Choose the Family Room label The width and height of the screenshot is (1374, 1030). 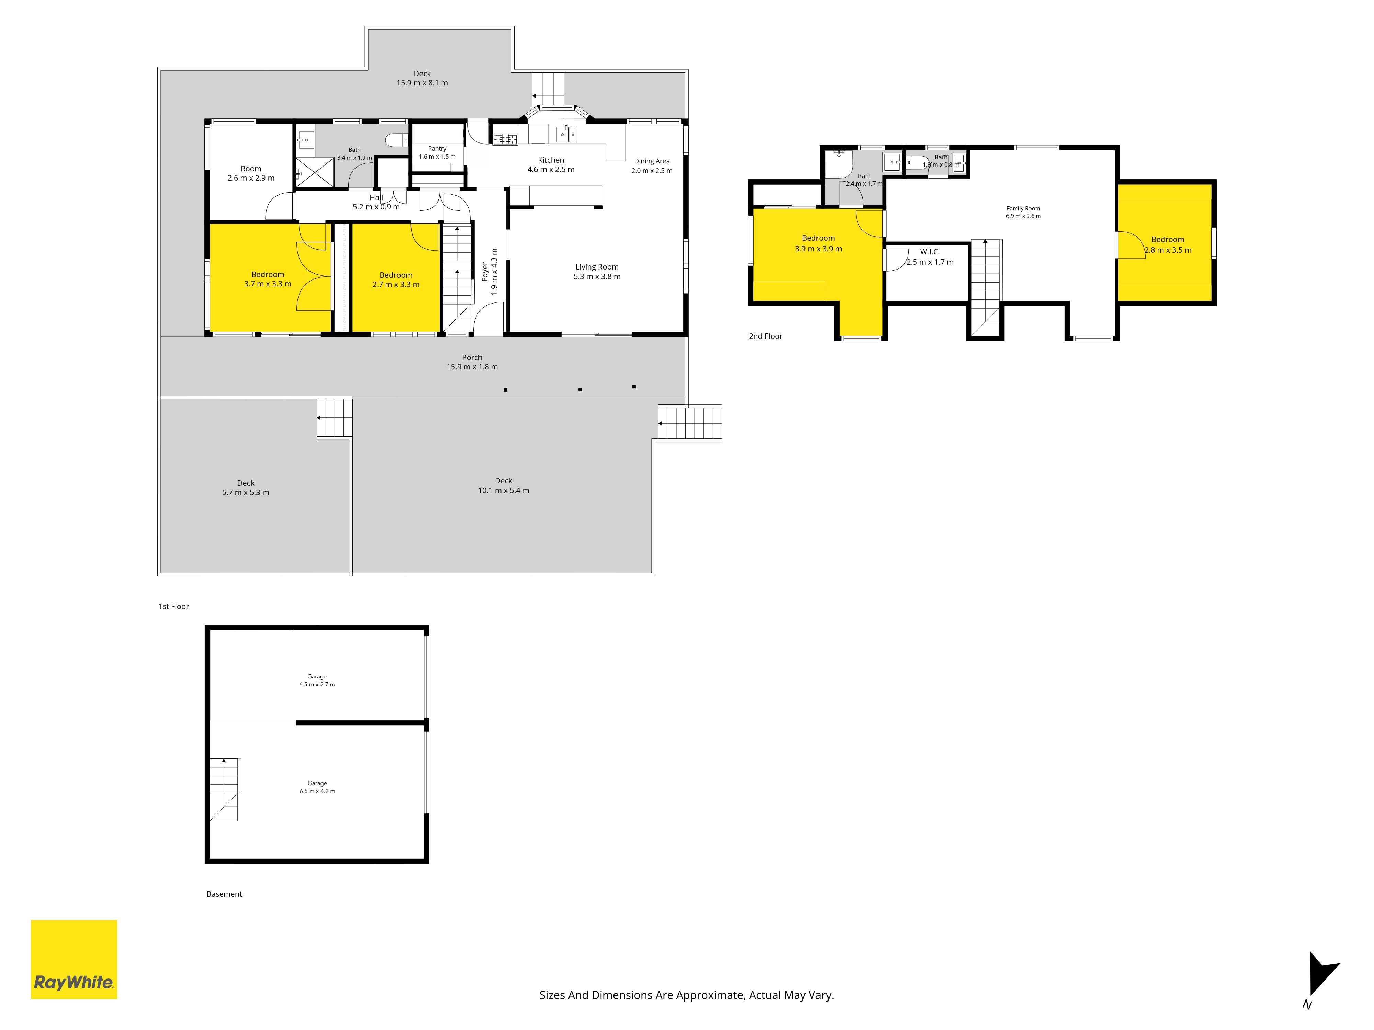[1023, 212]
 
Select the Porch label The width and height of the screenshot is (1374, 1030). [472, 362]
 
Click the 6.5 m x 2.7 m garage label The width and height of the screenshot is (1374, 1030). [317, 680]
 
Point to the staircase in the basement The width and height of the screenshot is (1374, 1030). [224, 789]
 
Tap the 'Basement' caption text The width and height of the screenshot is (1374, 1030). [224, 894]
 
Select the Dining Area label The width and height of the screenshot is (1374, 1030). [652, 166]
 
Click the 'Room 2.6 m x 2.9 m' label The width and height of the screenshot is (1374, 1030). [251, 173]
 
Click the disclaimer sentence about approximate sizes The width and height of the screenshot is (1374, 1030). [686, 995]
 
